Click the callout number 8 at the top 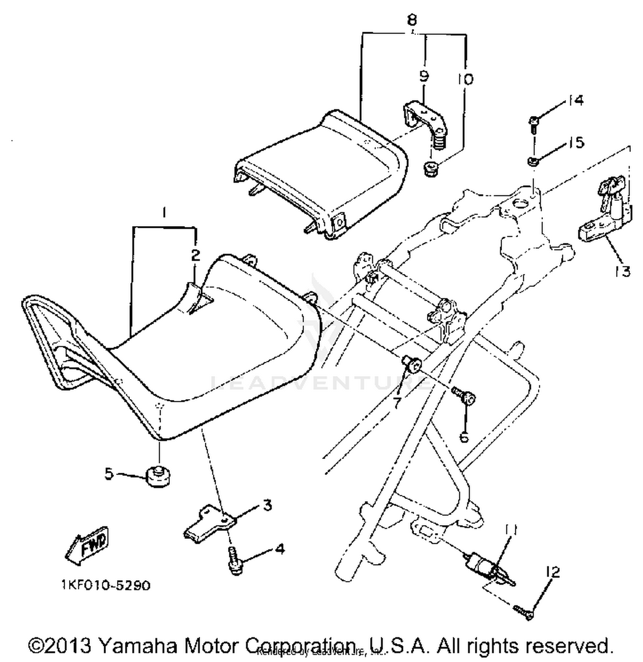point(412,20)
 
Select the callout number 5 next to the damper point(109,474)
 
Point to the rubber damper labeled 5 point(157,477)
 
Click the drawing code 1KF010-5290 point(105,585)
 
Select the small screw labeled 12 point(523,610)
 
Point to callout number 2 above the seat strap point(195,255)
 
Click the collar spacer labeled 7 point(412,364)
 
